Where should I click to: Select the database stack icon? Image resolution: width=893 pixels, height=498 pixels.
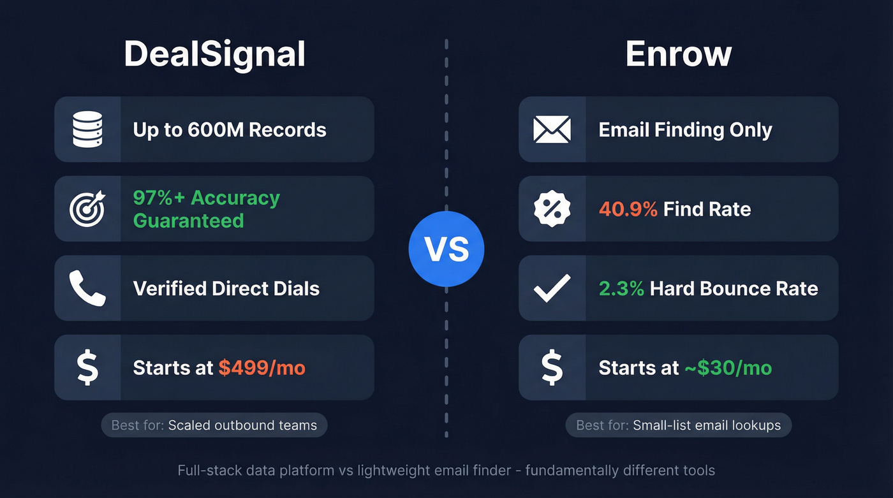(87, 129)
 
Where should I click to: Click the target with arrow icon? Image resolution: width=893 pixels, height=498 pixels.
(87, 209)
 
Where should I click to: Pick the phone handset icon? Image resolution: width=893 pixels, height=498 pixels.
(87, 288)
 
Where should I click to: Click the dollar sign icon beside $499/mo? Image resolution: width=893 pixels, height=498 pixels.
(87, 368)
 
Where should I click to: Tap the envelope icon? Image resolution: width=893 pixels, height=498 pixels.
(552, 129)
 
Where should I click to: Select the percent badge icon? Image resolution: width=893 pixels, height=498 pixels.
(552, 209)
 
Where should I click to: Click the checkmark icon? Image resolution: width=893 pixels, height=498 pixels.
(552, 288)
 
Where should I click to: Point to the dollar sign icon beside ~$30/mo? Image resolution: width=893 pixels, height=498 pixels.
(552, 368)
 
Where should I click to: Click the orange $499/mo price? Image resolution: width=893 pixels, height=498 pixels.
(262, 368)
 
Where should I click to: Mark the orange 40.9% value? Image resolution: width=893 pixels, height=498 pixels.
(628, 209)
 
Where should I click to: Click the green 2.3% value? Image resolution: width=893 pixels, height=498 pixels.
(621, 288)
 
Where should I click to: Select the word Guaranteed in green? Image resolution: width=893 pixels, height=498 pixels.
(188, 221)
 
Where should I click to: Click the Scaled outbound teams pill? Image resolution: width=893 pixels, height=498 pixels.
(214, 425)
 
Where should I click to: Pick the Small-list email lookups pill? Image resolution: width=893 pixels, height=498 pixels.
(678, 425)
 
